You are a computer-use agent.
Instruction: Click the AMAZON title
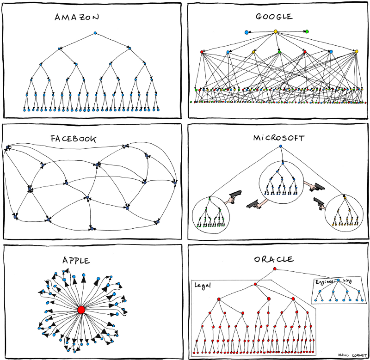click(x=77, y=18)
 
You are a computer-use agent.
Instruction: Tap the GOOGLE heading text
click(x=274, y=17)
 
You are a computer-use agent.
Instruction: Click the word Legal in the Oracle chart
click(x=203, y=286)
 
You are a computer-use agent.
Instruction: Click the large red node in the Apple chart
click(x=81, y=309)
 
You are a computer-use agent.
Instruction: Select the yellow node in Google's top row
click(x=276, y=31)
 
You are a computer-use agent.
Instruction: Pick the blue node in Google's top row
click(x=247, y=32)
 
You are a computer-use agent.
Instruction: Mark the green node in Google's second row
click(x=279, y=51)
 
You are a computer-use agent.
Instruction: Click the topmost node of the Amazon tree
click(x=95, y=33)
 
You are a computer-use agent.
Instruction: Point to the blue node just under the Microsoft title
click(x=280, y=147)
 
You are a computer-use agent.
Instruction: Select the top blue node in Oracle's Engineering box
click(x=338, y=281)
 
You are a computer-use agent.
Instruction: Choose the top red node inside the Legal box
click(x=255, y=284)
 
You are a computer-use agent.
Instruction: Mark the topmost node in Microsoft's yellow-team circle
click(x=344, y=198)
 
